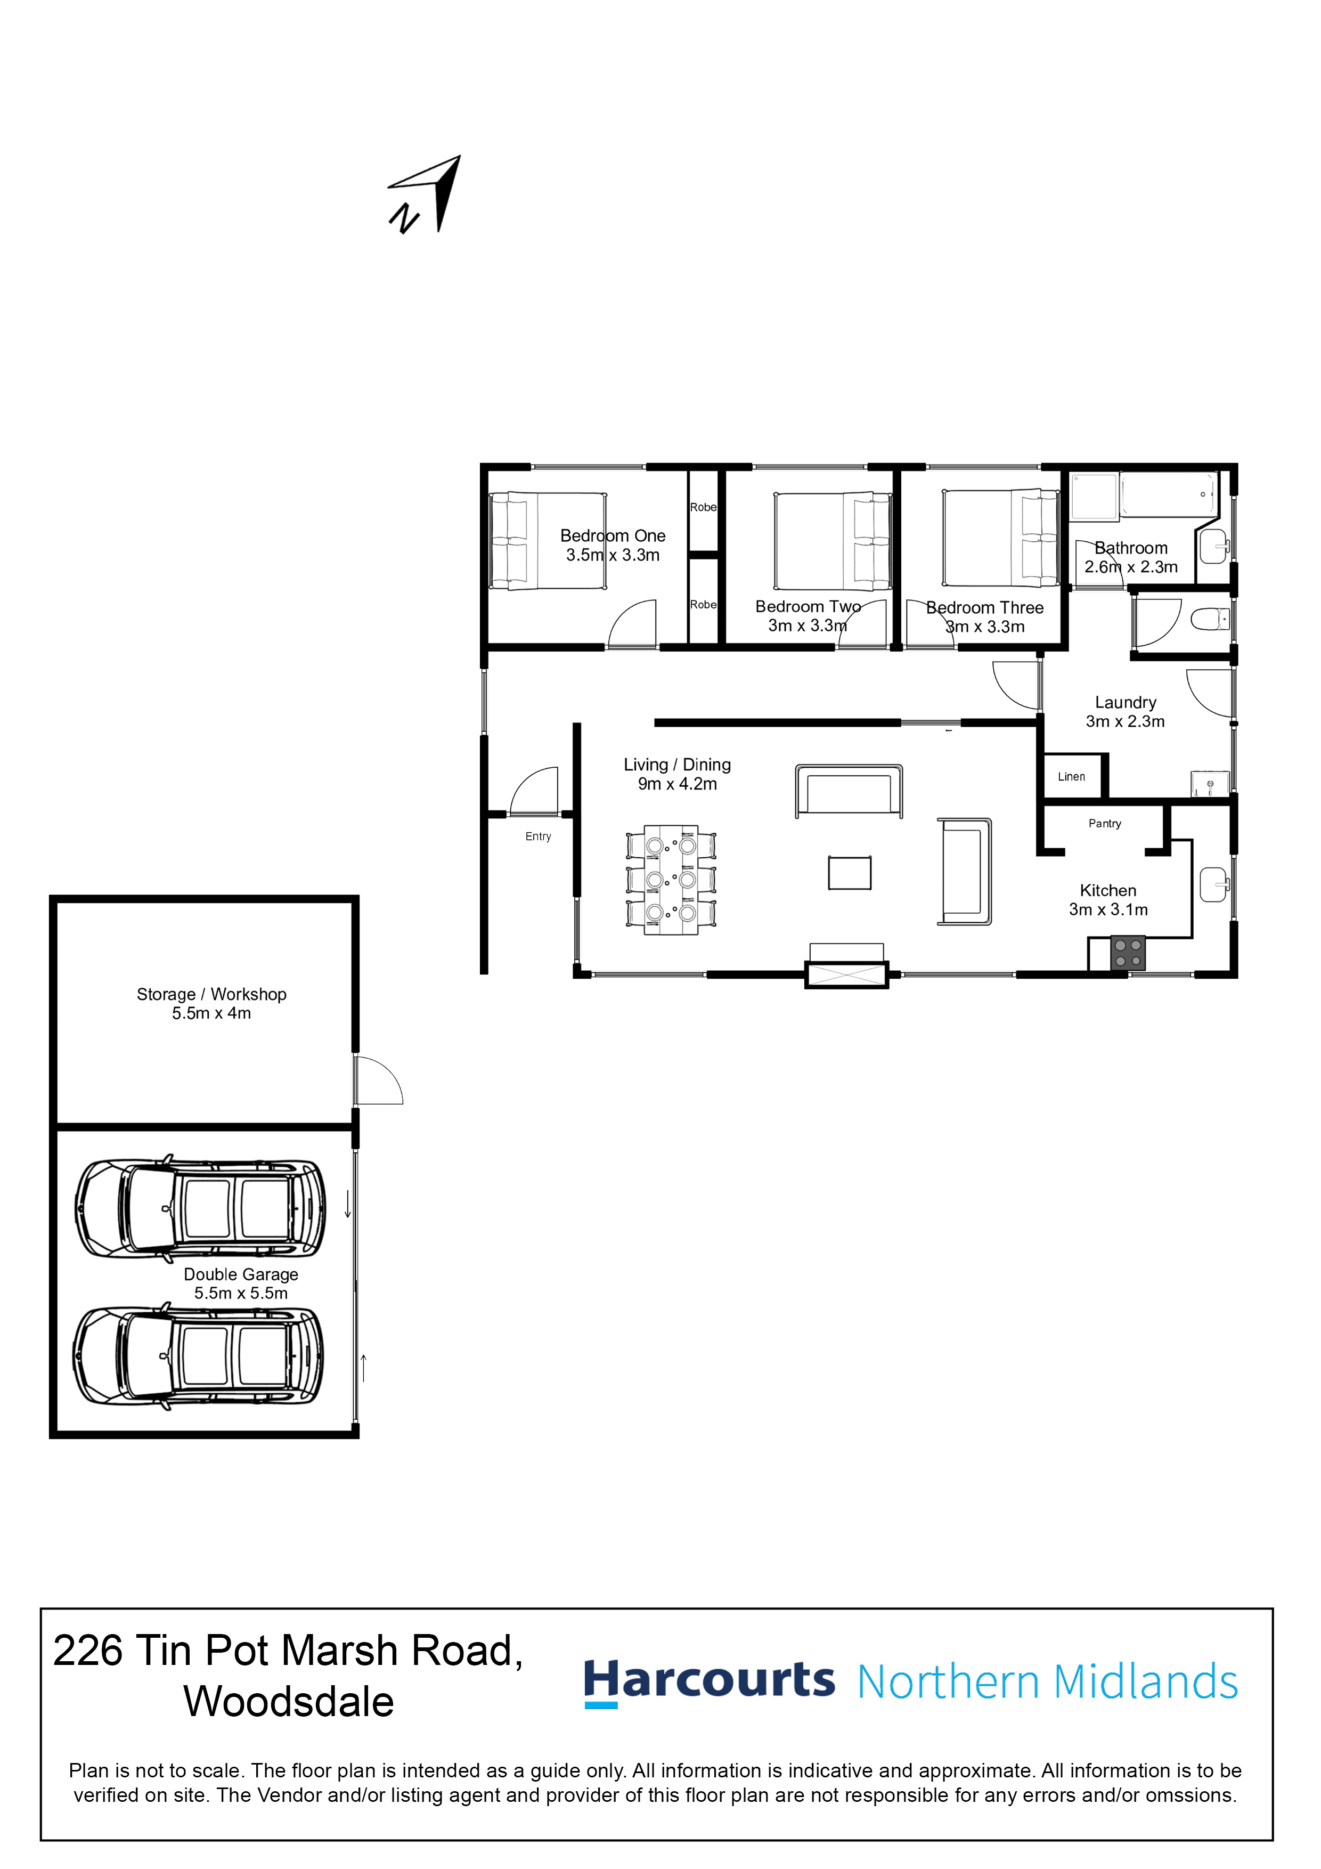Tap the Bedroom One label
tap(613, 535)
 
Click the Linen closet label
tap(1071, 777)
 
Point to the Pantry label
tap(1105, 824)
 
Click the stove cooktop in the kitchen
tap(1128, 953)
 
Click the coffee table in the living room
tap(850, 873)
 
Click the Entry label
tap(538, 837)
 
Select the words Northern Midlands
tap(1048, 1682)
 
